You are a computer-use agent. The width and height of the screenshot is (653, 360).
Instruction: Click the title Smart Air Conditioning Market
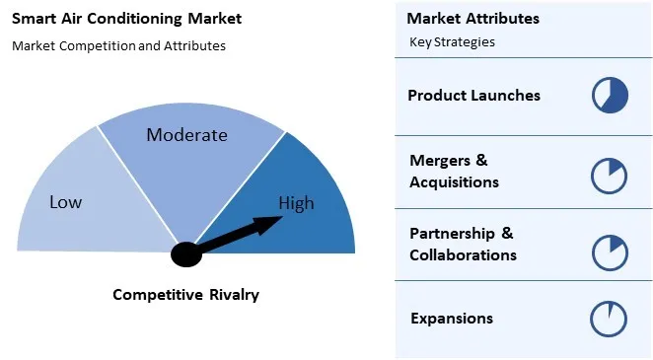[x=126, y=19]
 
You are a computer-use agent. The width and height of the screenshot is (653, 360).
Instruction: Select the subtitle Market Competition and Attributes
[x=118, y=45]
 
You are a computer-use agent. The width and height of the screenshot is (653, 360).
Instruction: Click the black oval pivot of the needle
[x=185, y=253]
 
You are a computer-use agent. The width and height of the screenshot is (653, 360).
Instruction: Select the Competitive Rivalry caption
[x=185, y=294]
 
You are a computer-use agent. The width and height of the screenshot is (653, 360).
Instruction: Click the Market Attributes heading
[x=472, y=19]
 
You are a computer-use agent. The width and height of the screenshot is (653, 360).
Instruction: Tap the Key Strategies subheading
[x=452, y=42]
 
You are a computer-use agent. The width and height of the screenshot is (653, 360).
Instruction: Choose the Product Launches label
[x=473, y=96]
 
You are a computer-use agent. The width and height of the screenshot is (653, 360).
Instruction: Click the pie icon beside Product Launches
[x=610, y=96]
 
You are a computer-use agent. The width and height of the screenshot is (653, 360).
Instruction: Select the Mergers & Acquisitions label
[x=454, y=171]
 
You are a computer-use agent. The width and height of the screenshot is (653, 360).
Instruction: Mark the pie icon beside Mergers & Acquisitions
[x=610, y=175]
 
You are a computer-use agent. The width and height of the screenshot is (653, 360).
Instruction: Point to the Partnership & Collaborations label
[x=463, y=244]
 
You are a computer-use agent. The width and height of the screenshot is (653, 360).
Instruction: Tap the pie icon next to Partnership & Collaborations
[x=610, y=252]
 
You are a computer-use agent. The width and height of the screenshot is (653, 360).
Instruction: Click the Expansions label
[x=451, y=318]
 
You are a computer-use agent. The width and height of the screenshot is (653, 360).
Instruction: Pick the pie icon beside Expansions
[x=610, y=319]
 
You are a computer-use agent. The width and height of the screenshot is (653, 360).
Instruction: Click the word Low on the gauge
[x=65, y=202]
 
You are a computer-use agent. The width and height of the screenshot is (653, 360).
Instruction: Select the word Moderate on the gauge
[x=186, y=135]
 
